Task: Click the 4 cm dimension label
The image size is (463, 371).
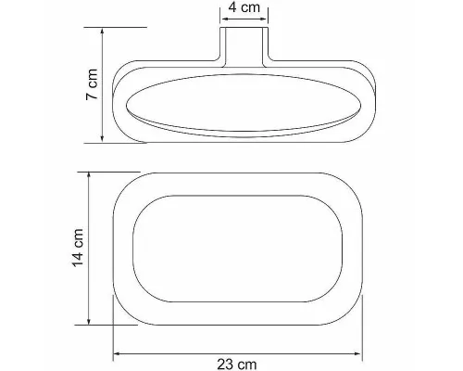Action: click(x=244, y=7)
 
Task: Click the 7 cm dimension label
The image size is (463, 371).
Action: click(x=92, y=84)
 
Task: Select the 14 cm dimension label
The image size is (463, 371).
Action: click(x=78, y=248)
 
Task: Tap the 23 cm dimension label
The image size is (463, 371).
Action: click(x=237, y=365)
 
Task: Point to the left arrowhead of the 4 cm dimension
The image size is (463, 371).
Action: click(x=224, y=19)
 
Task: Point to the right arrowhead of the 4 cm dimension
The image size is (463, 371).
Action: click(x=264, y=19)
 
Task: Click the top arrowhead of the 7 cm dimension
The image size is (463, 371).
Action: click(x=102, y=32)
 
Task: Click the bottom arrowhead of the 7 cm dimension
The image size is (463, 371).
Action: click(x=102, y=138)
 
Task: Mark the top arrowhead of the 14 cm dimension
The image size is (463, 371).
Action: click(x=89, y=176)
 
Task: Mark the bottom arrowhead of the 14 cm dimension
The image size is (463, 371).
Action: click(x=89, y=321)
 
